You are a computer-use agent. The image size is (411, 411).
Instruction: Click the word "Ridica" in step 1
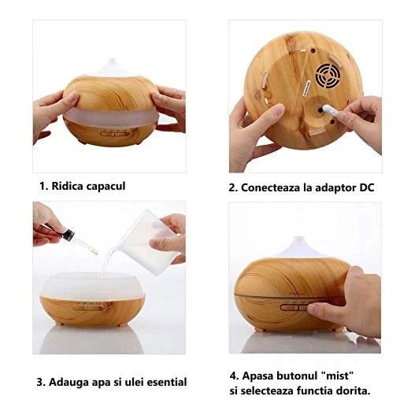[x=67, y=186]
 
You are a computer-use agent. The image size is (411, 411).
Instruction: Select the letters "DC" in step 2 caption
[x=366, y=187]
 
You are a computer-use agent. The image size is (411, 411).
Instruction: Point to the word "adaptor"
[x=335, y=188]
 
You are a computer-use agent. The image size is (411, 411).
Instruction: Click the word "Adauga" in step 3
[x=68, y=383]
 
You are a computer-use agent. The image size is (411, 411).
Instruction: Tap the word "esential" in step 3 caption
[x=167, y=382]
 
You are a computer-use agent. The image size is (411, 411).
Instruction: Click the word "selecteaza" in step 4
[x=267, y=391]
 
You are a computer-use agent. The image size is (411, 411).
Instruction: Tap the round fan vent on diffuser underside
[x=328, y=76]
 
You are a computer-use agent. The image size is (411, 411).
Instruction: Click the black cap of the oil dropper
[x=68, y=235]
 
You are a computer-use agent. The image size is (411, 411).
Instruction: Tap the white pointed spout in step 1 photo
[x=113, y=67]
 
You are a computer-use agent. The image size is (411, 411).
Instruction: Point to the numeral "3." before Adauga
[x=41, y=383]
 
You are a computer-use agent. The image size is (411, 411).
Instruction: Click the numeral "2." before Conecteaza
[x=233, y=188]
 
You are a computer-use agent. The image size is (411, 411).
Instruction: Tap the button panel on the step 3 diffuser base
[x=87, y=307]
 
